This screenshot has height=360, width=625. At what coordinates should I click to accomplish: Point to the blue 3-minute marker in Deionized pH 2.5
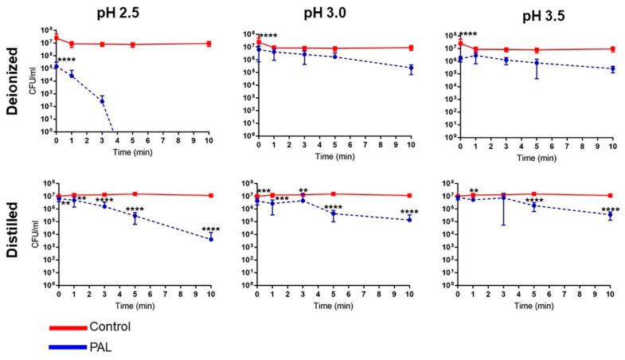click(x=102, y=100)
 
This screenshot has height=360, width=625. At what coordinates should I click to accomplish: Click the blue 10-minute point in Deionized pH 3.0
click(x=410, y=68)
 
